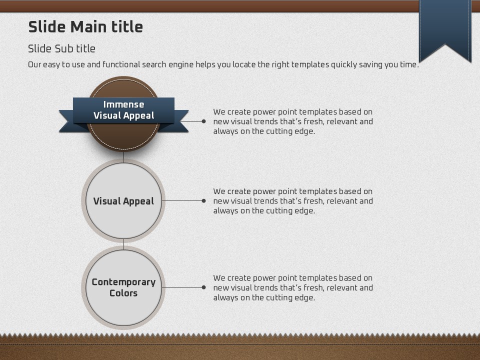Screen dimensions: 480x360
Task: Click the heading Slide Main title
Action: coord(85,27)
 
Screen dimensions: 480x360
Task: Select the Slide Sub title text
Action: coord(61,48)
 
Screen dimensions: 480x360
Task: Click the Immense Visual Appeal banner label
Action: coord(123,110)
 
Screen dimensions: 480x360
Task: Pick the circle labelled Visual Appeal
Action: coord(123,201)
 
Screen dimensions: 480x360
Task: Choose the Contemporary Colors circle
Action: coord(123,287)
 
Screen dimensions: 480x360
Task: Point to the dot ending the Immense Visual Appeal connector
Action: coord(204,121)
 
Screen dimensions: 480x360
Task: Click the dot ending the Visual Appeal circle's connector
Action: coord(204,201)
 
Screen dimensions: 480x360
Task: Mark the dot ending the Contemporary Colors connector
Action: coord(204,287)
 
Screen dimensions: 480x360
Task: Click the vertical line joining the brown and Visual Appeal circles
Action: coord(123,156)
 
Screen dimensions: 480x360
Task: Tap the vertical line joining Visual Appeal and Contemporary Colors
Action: coord(123,244)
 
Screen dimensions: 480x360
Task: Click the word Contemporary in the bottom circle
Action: coord(123,282)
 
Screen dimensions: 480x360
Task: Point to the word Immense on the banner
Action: coord(123,104)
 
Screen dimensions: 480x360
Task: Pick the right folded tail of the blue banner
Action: coord(177,121)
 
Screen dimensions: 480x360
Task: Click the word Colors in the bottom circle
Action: coord(123,293)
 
